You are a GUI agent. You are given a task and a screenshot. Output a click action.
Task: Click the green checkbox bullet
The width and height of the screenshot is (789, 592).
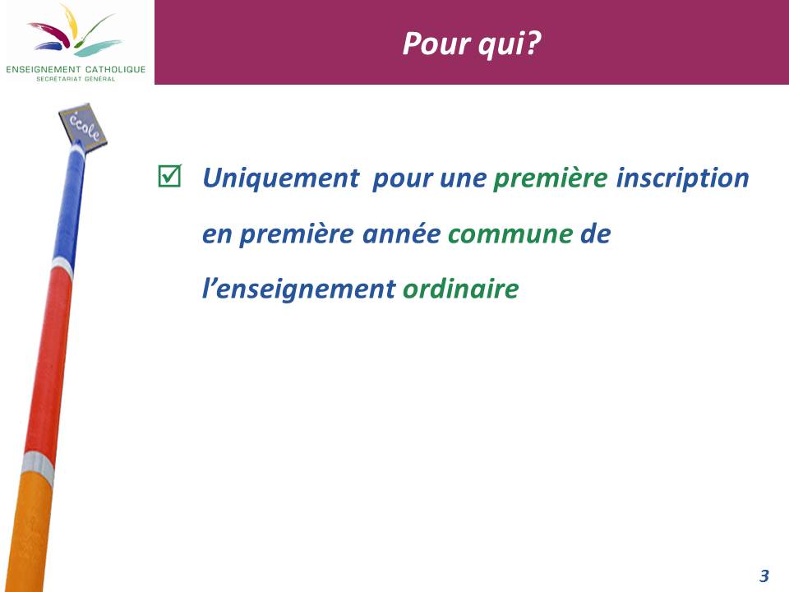point(169,176)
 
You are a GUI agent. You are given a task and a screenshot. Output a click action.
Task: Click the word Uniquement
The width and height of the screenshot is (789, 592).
point(281,178)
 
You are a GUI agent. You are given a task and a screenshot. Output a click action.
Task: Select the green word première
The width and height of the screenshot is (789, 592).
point(550,178)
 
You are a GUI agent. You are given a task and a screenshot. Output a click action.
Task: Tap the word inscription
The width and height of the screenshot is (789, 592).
point(683,178)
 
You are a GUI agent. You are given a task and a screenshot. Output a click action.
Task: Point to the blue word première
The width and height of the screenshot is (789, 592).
point(297,234)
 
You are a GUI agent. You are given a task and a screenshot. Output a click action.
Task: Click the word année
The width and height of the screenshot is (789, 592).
point(402,234)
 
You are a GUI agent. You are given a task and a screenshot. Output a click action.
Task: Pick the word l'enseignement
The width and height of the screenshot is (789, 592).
point(299,289)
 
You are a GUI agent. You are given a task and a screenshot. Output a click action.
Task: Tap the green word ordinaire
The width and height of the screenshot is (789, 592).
point(460,289)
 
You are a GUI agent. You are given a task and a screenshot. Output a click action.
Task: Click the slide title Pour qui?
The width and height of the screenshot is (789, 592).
point(472,44)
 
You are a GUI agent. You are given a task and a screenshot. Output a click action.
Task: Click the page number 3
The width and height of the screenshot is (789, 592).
point(764,576)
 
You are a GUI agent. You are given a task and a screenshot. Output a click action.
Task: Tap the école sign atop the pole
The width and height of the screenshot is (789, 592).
point(83,126)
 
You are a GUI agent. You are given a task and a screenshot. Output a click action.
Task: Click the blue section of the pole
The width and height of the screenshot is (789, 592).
point(69,204)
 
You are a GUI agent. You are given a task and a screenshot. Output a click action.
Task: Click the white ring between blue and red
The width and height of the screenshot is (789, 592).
point(62,266)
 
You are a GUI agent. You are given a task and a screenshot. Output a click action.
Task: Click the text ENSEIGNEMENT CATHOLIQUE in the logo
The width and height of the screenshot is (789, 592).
point(76,69)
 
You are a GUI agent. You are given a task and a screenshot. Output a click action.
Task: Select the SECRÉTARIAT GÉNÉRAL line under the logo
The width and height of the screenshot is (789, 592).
point(76,79)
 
